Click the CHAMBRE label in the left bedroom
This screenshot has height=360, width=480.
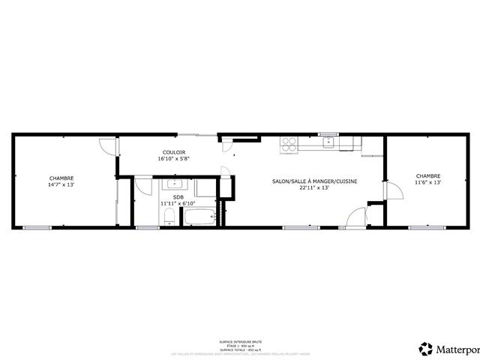(61, 178)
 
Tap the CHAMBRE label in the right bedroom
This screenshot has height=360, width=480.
(428, 176)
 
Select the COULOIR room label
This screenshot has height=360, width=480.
(173, 152)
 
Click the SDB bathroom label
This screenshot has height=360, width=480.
(178, 197)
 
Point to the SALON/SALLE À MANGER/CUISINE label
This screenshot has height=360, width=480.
(314, 181)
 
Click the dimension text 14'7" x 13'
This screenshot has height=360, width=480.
(61, 184)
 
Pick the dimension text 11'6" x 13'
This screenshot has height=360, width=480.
(428, 182)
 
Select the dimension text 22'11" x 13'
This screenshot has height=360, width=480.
(314, 188)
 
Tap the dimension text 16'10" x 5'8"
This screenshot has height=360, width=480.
(173, 159)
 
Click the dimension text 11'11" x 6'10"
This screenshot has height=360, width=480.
(178, 204)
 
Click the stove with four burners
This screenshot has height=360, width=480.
(289, 143)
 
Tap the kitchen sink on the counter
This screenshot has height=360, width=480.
(328, 141)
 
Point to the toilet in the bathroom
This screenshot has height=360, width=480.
(169, 217)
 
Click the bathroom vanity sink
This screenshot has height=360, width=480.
(175, 184)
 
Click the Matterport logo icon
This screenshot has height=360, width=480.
(426, 349)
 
